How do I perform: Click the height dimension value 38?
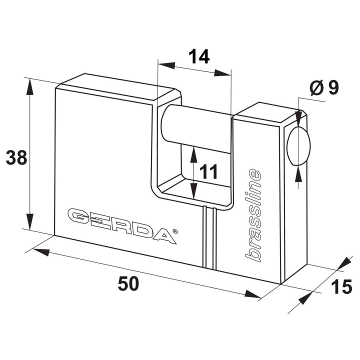point(16,157)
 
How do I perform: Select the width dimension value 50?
point(128,283)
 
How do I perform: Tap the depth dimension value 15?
point(341,286)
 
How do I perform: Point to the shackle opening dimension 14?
point(199,56)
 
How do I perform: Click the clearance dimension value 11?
point(208,171)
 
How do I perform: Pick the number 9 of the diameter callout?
point(333,87)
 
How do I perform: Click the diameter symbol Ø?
point(317,87)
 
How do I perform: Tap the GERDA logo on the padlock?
point(122,225)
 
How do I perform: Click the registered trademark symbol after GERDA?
point(174,231)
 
